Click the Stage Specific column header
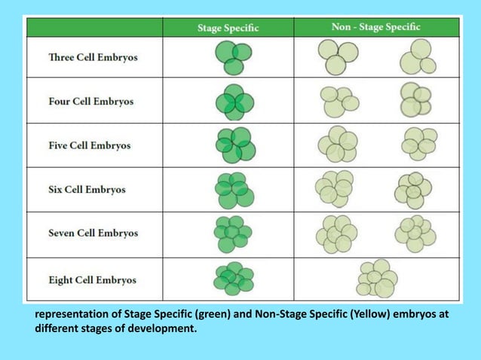(228, 28)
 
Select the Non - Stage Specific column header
(375, 27)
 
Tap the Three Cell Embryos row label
(93, 57)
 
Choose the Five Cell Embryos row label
(90, 145)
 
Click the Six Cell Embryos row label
(87, 189)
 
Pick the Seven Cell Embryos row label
(93, 233)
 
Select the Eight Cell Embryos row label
(92, 279)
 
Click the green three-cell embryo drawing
(234, 57)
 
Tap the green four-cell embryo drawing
(234, 102)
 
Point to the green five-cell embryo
(234, 145)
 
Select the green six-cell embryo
(234, 190)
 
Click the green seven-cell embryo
(233, 233)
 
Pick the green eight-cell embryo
(233, 279)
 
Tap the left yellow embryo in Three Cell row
(338, 56)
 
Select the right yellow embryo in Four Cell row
(415, 100)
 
